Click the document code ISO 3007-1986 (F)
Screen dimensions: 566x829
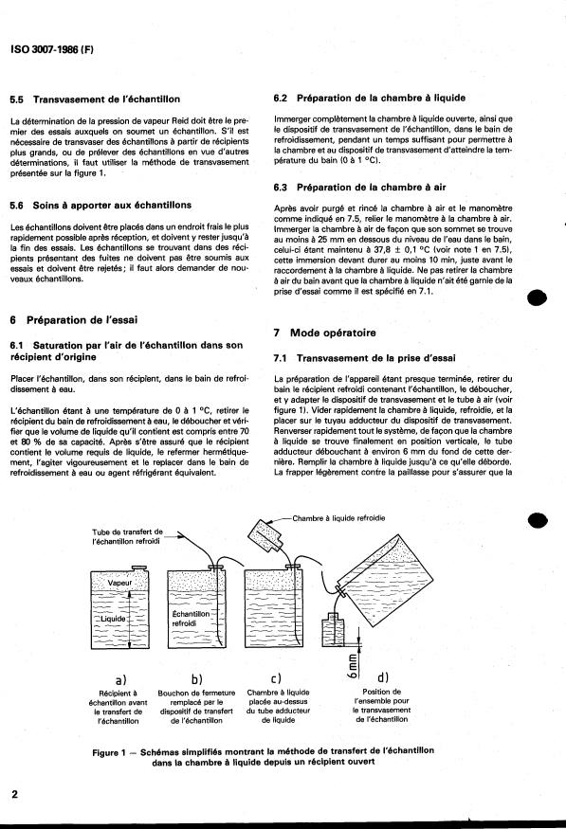[x=52, y=49]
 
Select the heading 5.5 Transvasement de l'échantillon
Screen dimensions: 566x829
[x=95, y=99]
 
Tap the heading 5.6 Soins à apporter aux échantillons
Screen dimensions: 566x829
[x=100, y=206]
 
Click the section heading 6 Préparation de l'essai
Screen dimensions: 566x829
[x=74, y=320]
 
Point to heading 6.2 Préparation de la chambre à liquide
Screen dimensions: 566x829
[x=369, y=98]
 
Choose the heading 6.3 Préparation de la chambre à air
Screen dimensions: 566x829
[x=359, y=188]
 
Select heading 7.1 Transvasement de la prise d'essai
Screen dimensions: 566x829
[x=364, y=358]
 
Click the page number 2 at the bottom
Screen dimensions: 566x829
[x=14, y=794]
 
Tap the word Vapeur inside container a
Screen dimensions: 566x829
[x=119, y=583]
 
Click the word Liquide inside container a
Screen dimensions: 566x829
[x=112, y=619]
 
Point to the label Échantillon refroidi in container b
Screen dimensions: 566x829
[x=191, y=619]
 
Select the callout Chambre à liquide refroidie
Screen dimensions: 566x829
[x=338, y=518]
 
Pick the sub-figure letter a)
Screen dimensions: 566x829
[x=120, y=679]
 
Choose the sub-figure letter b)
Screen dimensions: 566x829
[x=197, y=679]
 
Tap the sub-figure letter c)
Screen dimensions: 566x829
[x=276, y=678]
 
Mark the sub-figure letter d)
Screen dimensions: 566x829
[x=383, y=677]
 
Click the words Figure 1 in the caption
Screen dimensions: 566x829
[x=109, y=752]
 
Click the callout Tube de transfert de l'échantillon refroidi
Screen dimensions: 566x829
[x=127, y=536]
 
